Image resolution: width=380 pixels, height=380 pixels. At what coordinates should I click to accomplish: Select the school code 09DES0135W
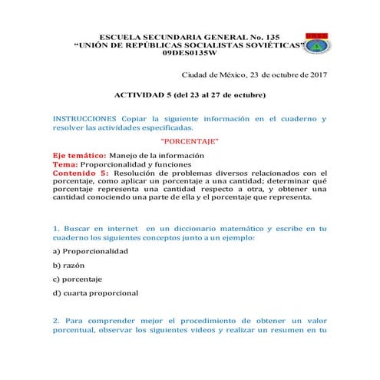click(x=190, y=55)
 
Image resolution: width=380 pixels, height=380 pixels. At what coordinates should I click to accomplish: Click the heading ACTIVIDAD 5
click(x=143, y=96)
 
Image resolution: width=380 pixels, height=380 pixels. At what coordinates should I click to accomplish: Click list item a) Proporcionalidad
click(x=91, y=251)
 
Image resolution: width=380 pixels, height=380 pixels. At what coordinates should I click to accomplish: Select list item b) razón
click(x=68, y=265)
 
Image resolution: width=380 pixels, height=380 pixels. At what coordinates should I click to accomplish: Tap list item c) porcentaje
click(x=77, y=279)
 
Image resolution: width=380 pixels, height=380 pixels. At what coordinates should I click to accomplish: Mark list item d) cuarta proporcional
click(x=95, y=292)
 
